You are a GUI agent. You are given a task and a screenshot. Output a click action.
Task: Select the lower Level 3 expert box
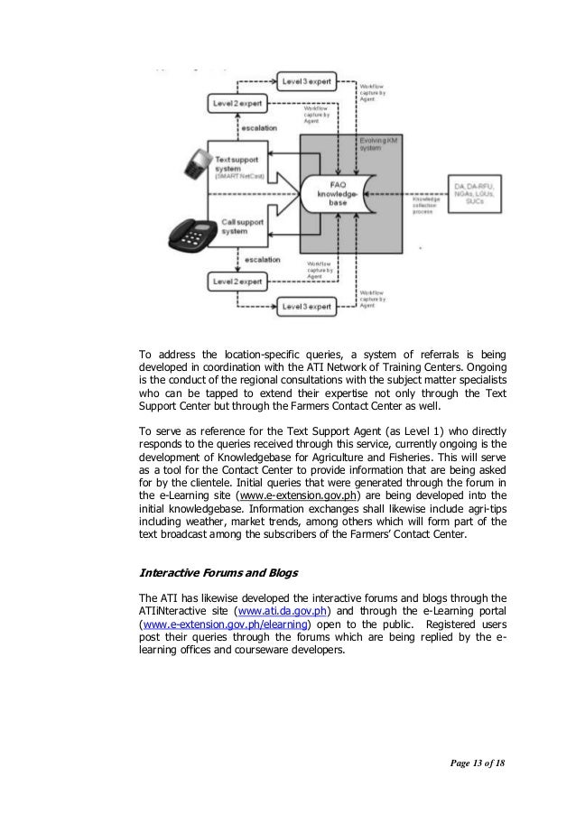pos(307,307)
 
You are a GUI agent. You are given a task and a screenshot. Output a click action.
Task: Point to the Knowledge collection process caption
pos(426,205)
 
